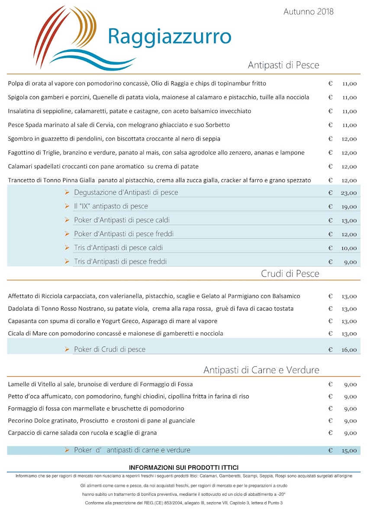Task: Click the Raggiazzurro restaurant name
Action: click(169, 36)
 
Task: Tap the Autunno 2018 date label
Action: click(308, 12)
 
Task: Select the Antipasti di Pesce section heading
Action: click(283, 65)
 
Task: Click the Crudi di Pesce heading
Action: click(290, 274)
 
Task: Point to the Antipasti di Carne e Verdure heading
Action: click(261, 370)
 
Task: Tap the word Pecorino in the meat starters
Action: click(21, 421)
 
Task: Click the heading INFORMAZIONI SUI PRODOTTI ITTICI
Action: click(183, 468)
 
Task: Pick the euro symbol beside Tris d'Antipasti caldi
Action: click(330, 248)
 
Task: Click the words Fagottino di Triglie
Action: click(36, 153)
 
